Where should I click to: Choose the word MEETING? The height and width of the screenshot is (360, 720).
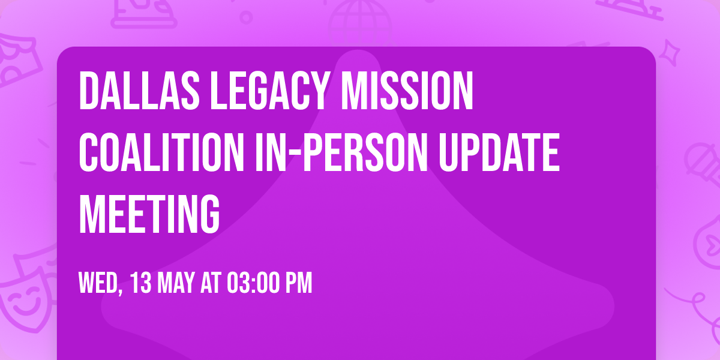149,214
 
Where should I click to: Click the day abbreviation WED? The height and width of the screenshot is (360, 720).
98,284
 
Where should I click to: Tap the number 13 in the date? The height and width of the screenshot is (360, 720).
141,284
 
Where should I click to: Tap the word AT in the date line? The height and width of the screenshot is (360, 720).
211,284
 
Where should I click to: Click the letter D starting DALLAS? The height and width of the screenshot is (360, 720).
88,91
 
